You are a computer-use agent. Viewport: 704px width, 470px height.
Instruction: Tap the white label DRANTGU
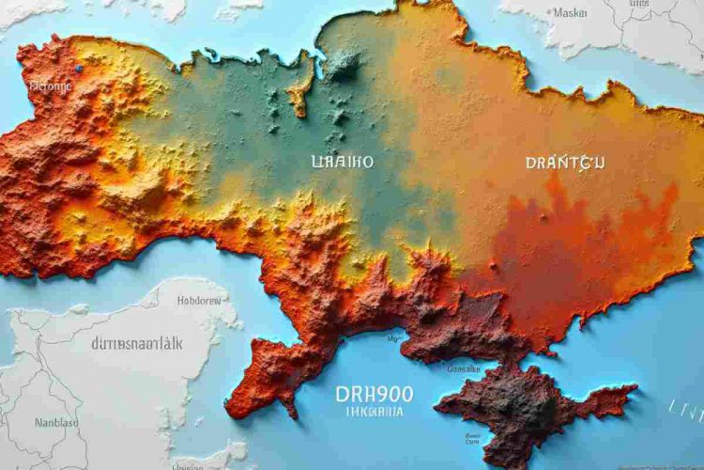[565, 163]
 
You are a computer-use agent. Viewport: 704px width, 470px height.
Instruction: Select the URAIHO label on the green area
[342, 162]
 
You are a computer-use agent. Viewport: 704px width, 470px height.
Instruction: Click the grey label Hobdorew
[200, 302]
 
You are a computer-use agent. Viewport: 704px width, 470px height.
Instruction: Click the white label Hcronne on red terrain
[50, 86]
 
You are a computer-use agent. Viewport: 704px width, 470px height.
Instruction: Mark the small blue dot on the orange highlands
[79, 69]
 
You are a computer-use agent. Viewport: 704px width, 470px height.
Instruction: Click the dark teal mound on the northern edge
[342, 64]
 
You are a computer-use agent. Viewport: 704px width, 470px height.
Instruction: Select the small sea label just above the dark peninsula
[464, 369]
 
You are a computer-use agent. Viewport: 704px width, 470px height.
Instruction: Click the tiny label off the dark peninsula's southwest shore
[467, 435]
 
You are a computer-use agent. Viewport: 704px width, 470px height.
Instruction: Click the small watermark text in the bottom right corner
[657, 463]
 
